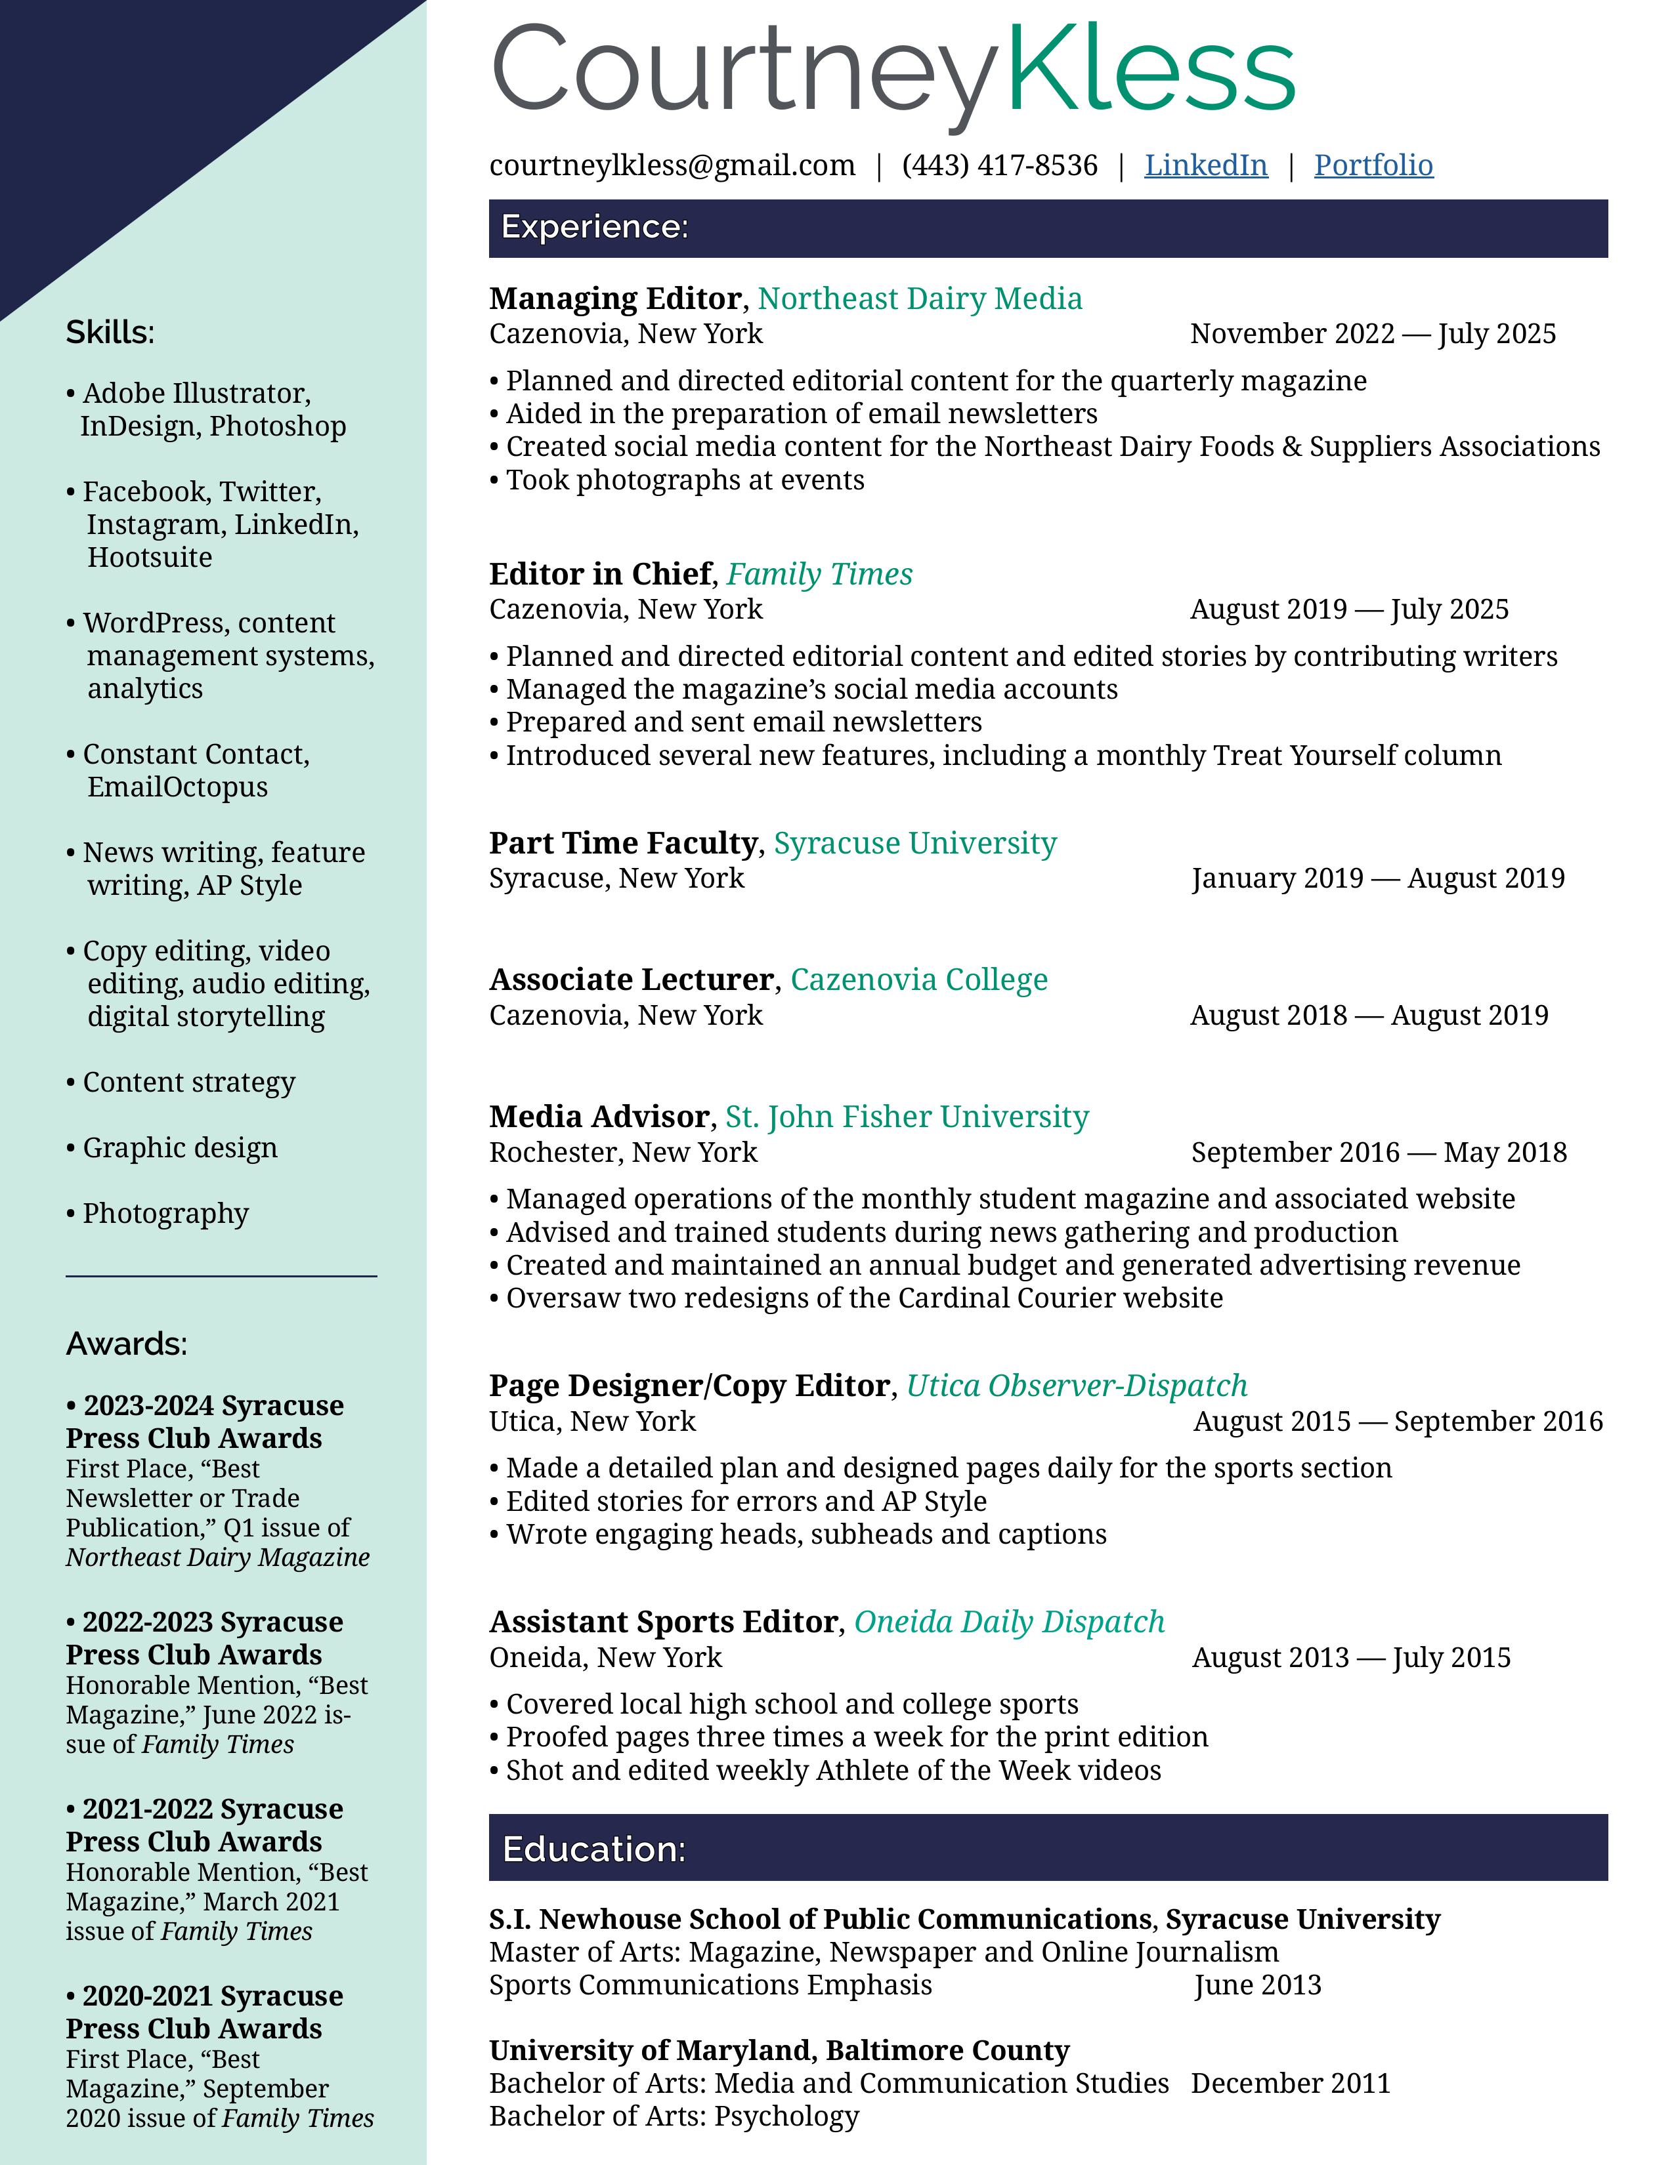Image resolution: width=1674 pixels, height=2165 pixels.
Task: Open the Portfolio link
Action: (x=1373, y=165)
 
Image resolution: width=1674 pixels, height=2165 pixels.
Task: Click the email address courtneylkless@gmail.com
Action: (x=672, y=165)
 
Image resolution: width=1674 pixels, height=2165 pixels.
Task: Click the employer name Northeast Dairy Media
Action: (x=919, y=299)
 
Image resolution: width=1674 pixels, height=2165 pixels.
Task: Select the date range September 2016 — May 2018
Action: (x=1379, y=1152)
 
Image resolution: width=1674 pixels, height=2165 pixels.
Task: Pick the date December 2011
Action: (x=1290, y=2083)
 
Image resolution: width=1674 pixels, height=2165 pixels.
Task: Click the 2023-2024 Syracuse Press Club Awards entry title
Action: (x=204, y=1422)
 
